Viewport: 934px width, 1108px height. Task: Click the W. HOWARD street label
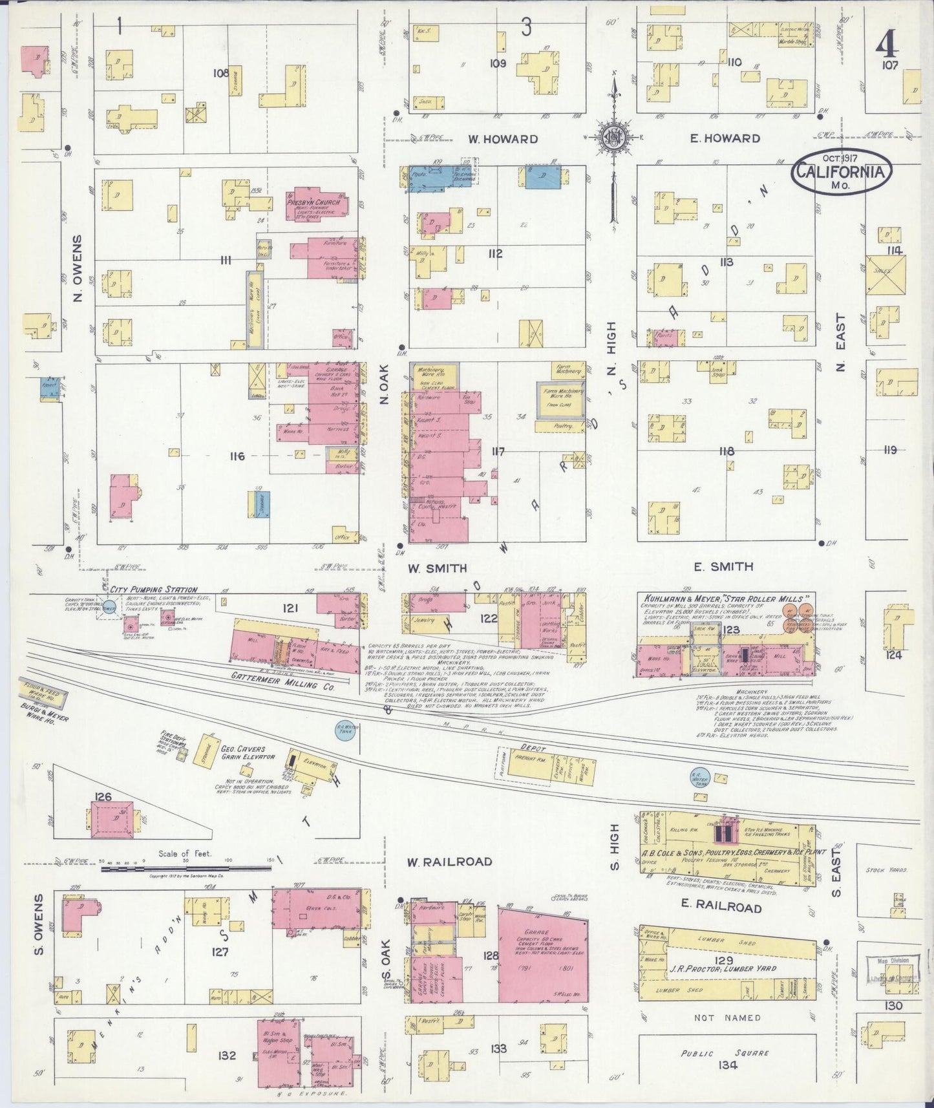click(503, 139)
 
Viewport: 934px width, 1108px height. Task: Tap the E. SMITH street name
click(723, 567)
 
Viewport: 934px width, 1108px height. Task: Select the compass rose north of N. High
click(613, 138)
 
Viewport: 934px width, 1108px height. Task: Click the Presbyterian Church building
click(315, 203)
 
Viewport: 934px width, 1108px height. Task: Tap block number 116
click(237, 456)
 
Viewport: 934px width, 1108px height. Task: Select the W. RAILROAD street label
click(449, 862)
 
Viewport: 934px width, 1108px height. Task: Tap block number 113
click(726, 262)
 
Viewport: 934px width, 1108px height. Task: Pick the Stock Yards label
click(887, 870)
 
